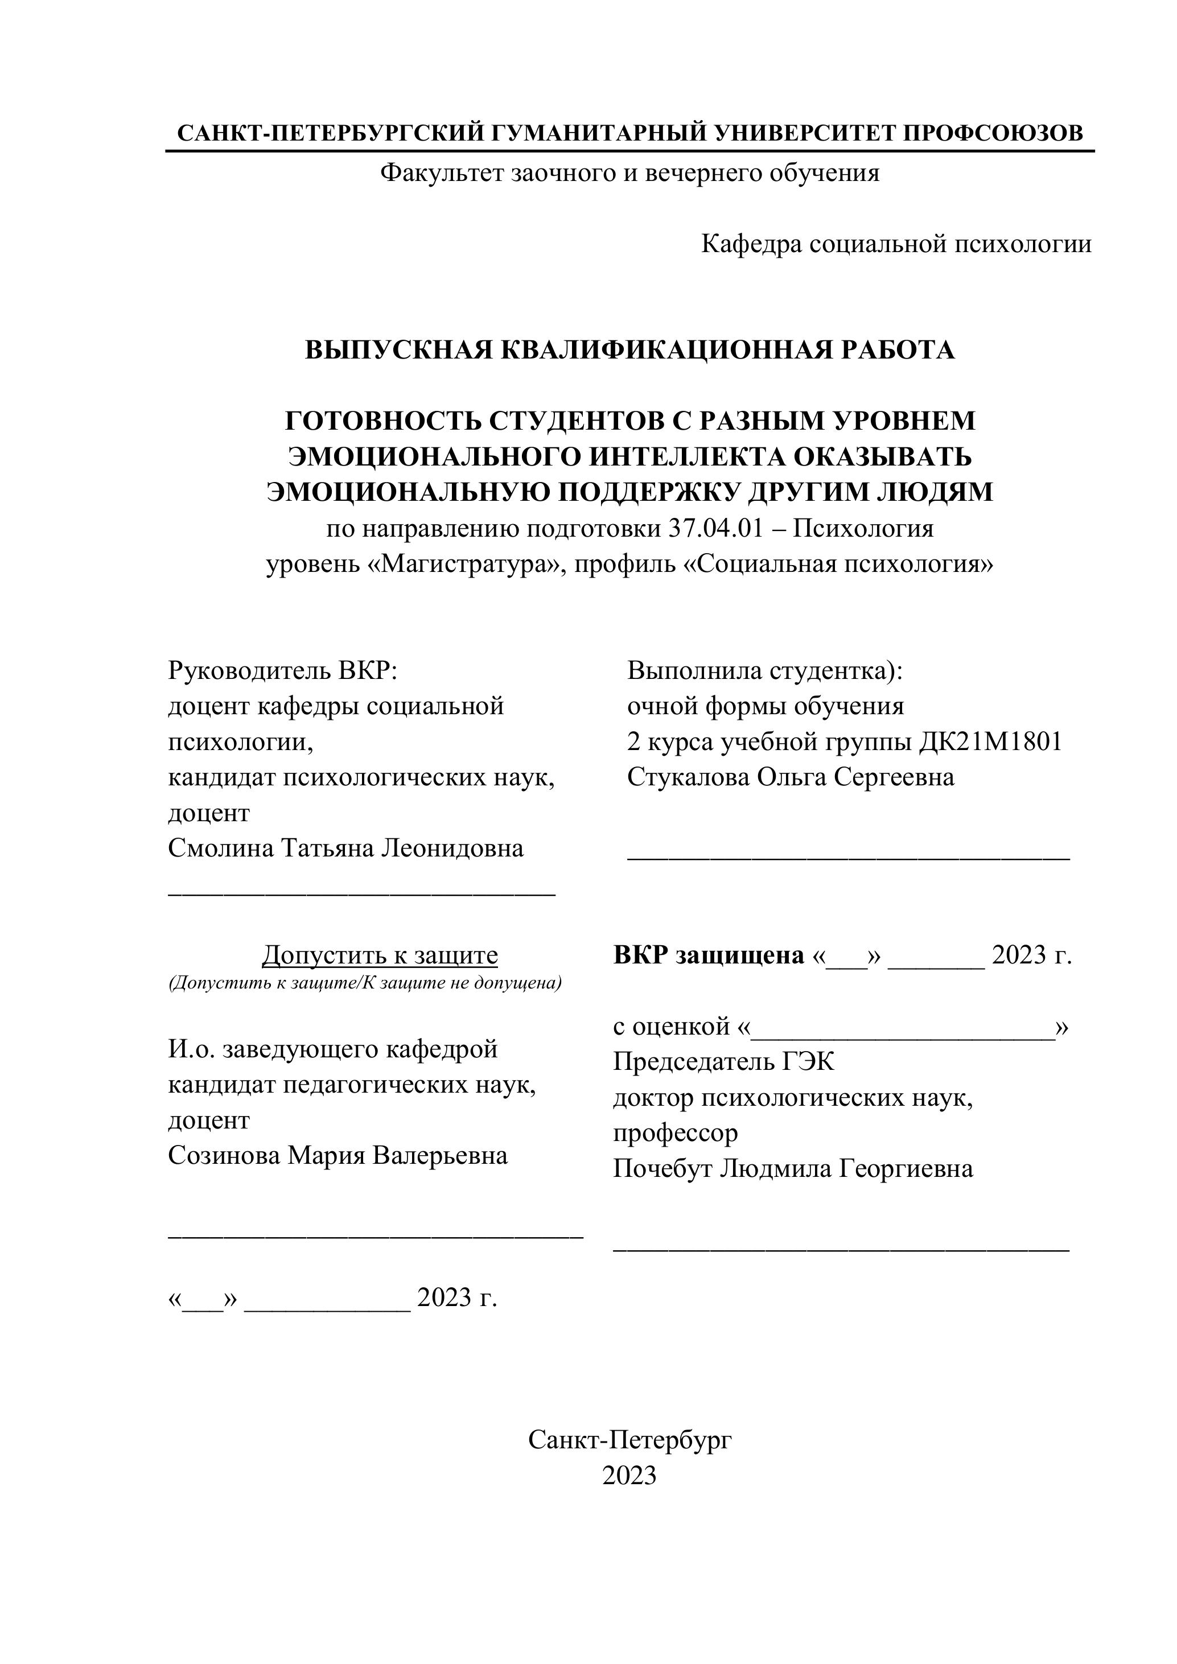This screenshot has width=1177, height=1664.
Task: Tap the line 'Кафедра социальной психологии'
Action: pyautogui.click(x=896, y=244)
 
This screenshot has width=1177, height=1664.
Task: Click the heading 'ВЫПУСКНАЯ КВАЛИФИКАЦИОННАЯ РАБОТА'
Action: pyautogui.click(x=629, y=350)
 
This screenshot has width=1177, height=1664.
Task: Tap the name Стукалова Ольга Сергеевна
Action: pyautogui.click(x=791, y=777)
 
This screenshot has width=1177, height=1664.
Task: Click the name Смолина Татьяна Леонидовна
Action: pyautogui.click(x=345, y=848)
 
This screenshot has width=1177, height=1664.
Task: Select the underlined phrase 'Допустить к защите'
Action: pyautogui.click(x=380, y=955)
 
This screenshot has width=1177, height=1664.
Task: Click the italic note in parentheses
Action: pyautogui.click(x=365, y=983)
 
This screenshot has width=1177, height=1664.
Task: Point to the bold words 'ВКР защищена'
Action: pyautogui.click(x=709, y=955)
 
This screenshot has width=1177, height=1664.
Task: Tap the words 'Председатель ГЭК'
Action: pyautogui.click(x=723, y=1062)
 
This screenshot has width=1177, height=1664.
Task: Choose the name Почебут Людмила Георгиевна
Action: pyautogui.click(x=793, y=1168)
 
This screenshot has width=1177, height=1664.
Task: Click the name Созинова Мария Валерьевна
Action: pyautogui.click(x=338, y=1155)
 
